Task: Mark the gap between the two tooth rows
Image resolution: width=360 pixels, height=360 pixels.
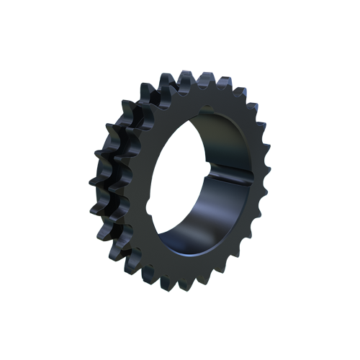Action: [x=119, y=180]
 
